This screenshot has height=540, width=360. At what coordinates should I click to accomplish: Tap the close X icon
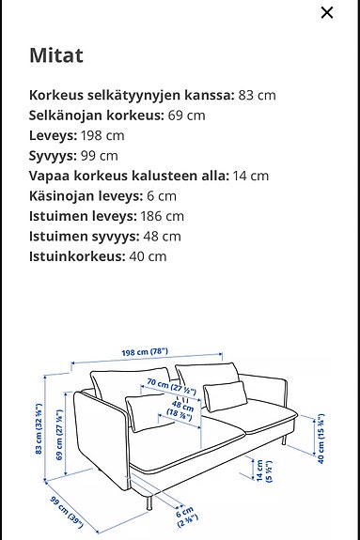pyautogui.click(x=327, y=13)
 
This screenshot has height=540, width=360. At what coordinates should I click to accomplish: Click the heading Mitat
pyautogui.click(x=56, y=54)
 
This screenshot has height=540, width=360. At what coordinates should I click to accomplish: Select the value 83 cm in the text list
pyautogui.click(x=259, y=95)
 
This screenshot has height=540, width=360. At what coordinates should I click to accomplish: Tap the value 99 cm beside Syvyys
pyautogui.click(x=101, y=155)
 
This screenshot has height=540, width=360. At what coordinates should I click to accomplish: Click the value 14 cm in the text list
pyautogui.click(x=250, y=176)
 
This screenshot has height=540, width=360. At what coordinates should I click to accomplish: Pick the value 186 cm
pyautogui.click(x=161, y=216)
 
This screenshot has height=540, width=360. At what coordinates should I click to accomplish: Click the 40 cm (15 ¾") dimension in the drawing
pyautogui.click(x=321, y=440)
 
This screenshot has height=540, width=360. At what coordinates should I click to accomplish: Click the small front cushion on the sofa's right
pyautogui.click(x=223, y=395)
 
